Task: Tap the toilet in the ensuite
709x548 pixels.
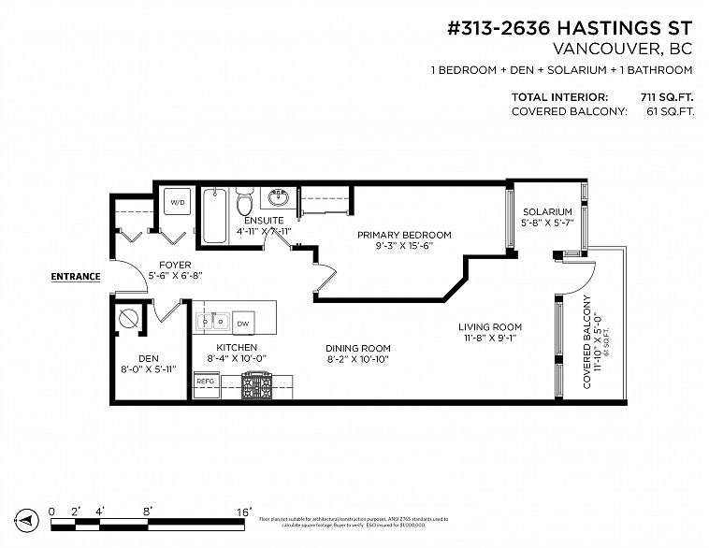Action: [245, 201]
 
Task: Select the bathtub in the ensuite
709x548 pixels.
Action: [214, 215]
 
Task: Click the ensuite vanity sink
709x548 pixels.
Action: [278, 199]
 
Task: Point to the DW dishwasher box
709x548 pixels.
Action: [242, 323]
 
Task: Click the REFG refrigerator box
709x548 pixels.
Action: [205, 381]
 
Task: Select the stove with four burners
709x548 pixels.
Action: [255, 384]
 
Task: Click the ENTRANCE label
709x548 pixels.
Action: [75, 277]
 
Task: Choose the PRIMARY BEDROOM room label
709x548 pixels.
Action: [405, 235]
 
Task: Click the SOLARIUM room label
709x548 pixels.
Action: [547, 212]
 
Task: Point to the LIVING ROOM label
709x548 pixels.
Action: [489, 326]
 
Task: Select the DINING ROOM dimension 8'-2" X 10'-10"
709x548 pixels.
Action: [357, 359]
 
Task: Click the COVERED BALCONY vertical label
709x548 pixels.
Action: [587, 340]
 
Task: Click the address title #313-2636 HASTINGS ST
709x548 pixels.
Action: [571, 29]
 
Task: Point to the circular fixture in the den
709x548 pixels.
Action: [128, 319]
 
